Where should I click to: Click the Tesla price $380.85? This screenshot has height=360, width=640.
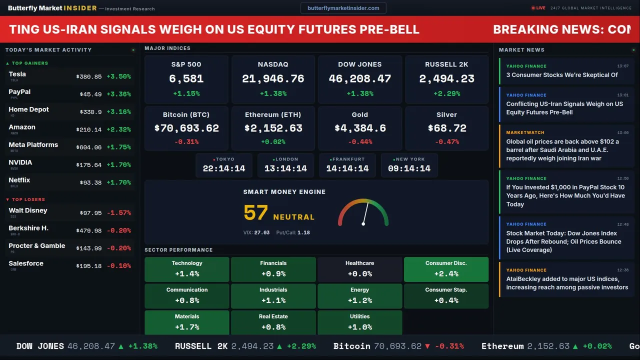(x=89, y=76)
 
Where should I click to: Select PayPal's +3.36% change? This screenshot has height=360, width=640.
(x=119, y=94)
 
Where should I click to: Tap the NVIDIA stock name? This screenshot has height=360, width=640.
(x=20, y=162)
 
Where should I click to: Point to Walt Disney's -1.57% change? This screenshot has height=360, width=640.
(x=119, y=213)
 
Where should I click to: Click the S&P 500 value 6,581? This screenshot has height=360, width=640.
(x=186, y=78)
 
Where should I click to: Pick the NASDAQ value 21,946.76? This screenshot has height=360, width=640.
(x=273, y=78)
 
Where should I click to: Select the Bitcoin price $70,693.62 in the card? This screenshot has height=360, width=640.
(x=186, y=128)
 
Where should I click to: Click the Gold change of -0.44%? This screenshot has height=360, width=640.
(x=360, y=142)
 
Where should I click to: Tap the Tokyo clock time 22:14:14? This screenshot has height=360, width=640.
(x=224, y=168)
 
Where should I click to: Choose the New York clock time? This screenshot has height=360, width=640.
(x=409, y=168)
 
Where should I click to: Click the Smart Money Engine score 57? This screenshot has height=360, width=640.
(x=255, y=213)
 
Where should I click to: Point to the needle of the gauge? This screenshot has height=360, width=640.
(x=365, y=213)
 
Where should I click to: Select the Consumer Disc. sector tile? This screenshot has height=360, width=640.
(x=446, y=269)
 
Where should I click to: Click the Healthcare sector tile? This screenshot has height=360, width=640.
(x=359, y=269)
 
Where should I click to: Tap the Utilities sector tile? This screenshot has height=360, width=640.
(x=359, y=322)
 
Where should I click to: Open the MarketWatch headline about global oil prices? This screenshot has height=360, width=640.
(x=562, y=150)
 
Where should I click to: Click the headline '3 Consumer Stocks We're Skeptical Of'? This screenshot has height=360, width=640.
(x=562, y=75)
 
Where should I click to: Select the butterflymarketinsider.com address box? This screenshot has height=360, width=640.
(x=343, y=8)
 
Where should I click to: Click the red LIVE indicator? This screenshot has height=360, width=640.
(x=538, y=8)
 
